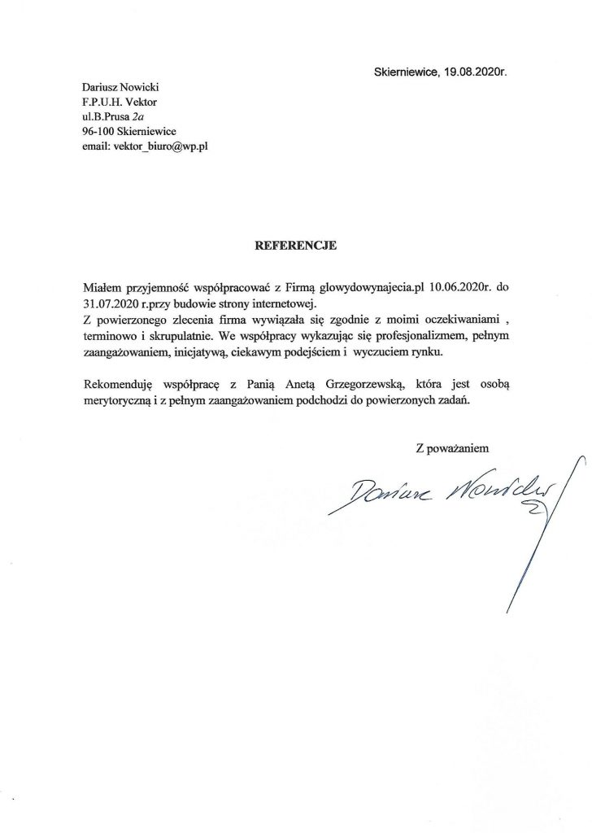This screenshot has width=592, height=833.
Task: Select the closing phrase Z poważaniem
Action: [x=452, y=447]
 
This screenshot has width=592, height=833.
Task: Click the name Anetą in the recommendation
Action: [x=310, y=383]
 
